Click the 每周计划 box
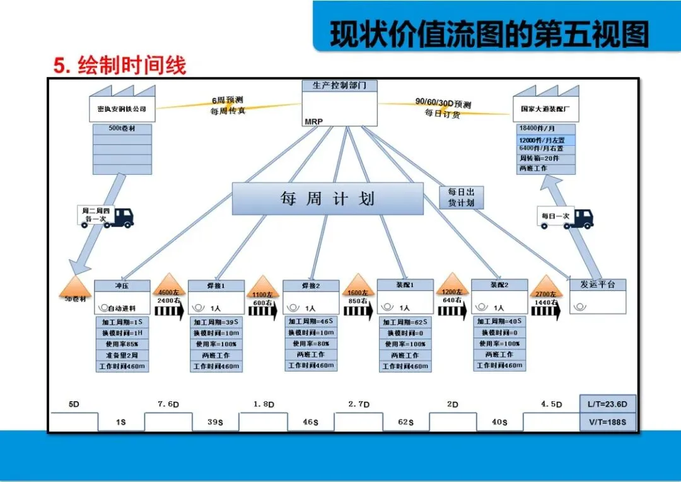click(327, 199)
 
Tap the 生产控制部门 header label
click(339, 85)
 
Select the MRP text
click(314, 120)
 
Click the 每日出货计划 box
click(461, 197)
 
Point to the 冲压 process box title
click(122, 285)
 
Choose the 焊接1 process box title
click(215, 286)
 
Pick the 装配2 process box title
click(499, 285)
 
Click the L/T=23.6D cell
click(608, 404)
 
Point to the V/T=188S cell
click(608, 422)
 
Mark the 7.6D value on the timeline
click(168, 404)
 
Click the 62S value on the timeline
click(405, 422)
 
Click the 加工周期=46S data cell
click(310, 321)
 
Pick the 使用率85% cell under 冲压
click(122, 344)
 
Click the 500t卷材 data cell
click(122, 129)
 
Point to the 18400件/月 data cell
click(545, 129)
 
